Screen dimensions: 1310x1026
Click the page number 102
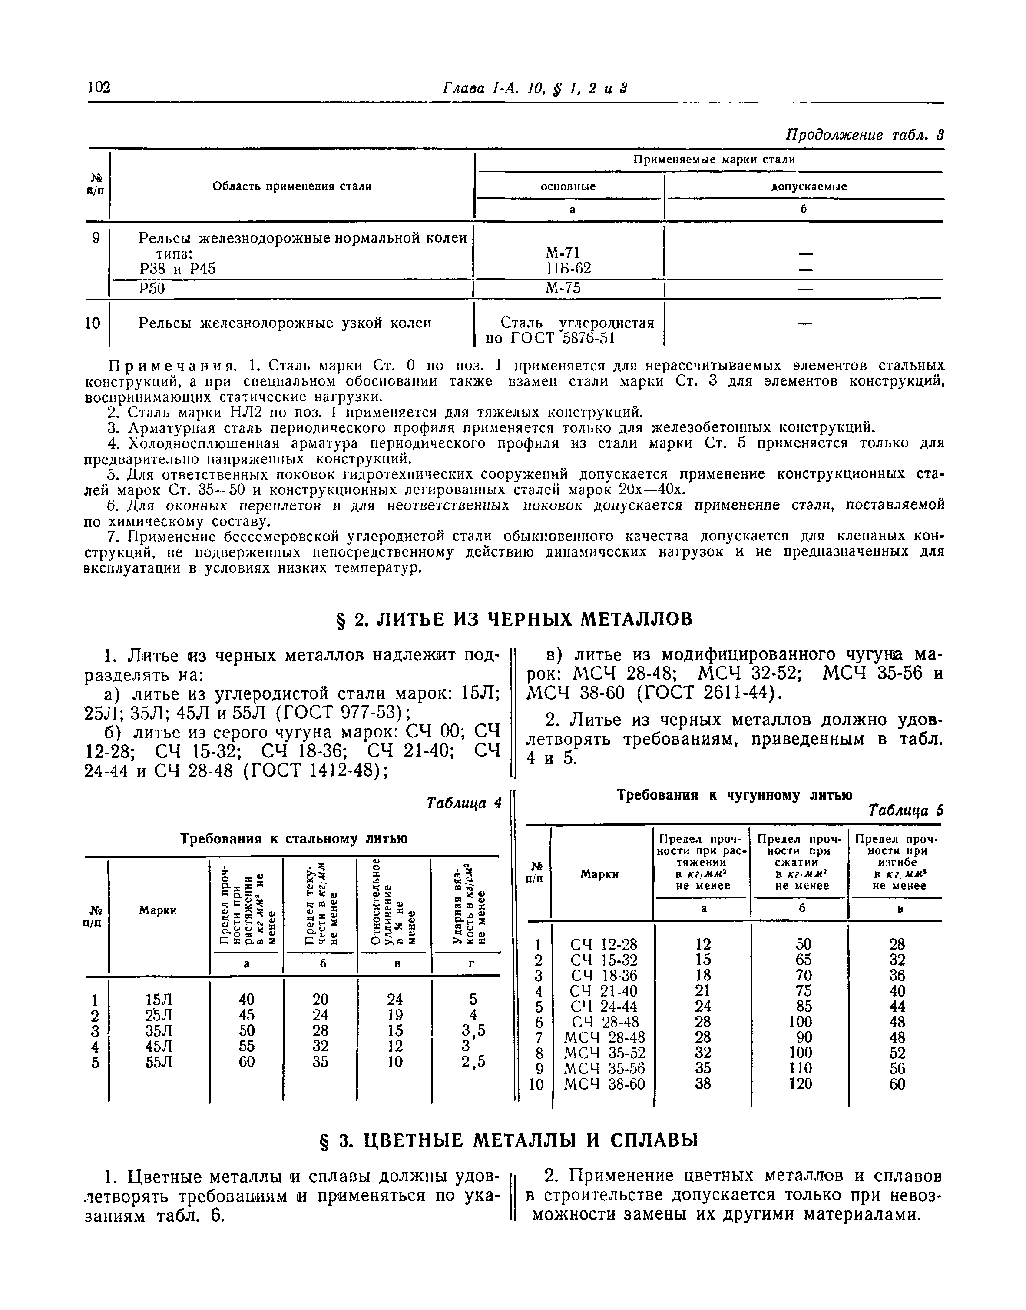click(99, 88)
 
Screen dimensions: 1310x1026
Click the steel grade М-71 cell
click(562, 253)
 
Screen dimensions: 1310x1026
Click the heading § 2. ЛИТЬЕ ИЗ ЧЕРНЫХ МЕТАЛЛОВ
click(513, 619)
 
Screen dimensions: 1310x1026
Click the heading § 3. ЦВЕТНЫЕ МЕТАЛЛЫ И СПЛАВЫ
click(513, 1140)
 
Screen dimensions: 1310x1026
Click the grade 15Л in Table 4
click(159, 1000)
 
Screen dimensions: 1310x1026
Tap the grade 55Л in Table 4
click(159, 1062)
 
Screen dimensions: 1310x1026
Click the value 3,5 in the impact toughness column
click(473, 1031)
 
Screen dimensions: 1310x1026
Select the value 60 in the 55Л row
click(246, 1062)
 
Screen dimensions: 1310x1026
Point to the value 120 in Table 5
click(800, 1084)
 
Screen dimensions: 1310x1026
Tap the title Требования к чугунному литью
click(735, 795)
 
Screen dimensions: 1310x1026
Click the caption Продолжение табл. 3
click(864, 135)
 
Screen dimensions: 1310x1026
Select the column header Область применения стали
click(292, 187)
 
